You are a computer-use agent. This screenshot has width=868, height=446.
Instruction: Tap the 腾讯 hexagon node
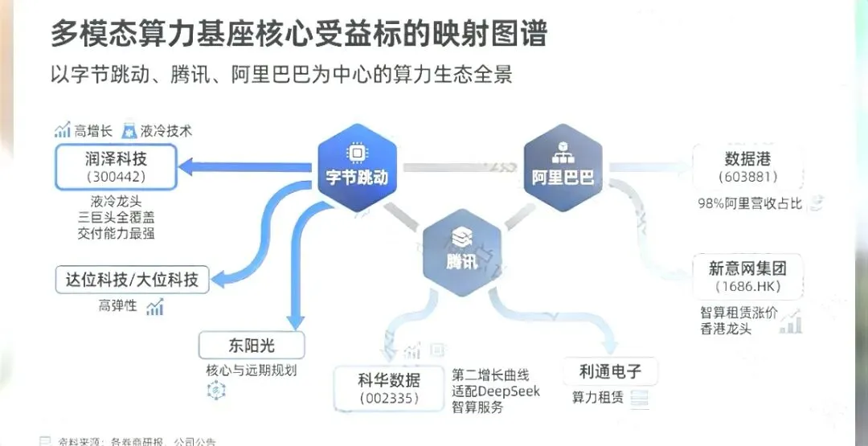[x=461, y=249]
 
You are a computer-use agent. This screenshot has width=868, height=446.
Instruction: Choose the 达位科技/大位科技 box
[x=132, y=280]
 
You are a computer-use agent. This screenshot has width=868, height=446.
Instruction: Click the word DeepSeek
[x=510, y=391]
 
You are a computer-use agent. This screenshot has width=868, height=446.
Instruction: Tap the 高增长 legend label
[x=92, y=130]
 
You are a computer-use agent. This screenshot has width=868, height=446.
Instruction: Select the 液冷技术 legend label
[x=166, y=130]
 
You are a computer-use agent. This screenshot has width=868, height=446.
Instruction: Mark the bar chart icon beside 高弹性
[x=155, y=306]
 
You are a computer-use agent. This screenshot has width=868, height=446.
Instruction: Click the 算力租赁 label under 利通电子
[x=598, y=398]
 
